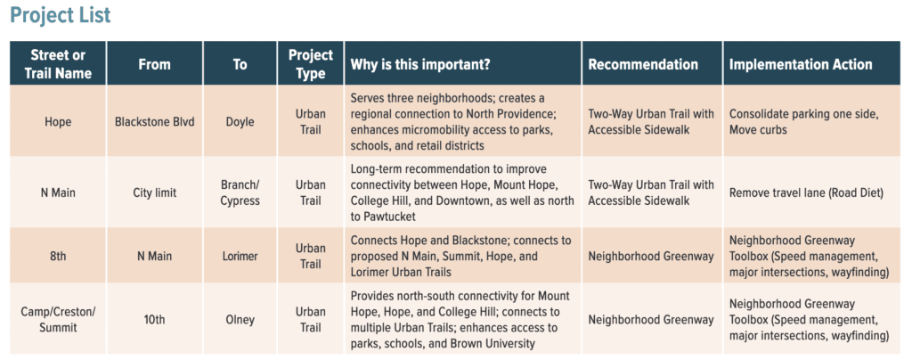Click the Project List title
[61, 16]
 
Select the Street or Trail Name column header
[58, 64]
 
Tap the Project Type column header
[311, 64]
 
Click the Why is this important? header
[420, 64]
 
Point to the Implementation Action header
[801, 64]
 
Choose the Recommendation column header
[643, 64]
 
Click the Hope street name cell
[58, 122]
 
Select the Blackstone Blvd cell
[154, 122]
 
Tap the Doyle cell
[240, 122]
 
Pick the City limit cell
[154, 192]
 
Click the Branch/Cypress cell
[240, 192]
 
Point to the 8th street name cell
[58, 256]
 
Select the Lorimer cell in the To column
[240, 256]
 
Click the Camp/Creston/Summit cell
[58, 319]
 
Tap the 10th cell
[154, 319]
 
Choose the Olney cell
[240, 319]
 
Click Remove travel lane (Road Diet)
[806, 192]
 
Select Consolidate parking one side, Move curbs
[804, 122]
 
